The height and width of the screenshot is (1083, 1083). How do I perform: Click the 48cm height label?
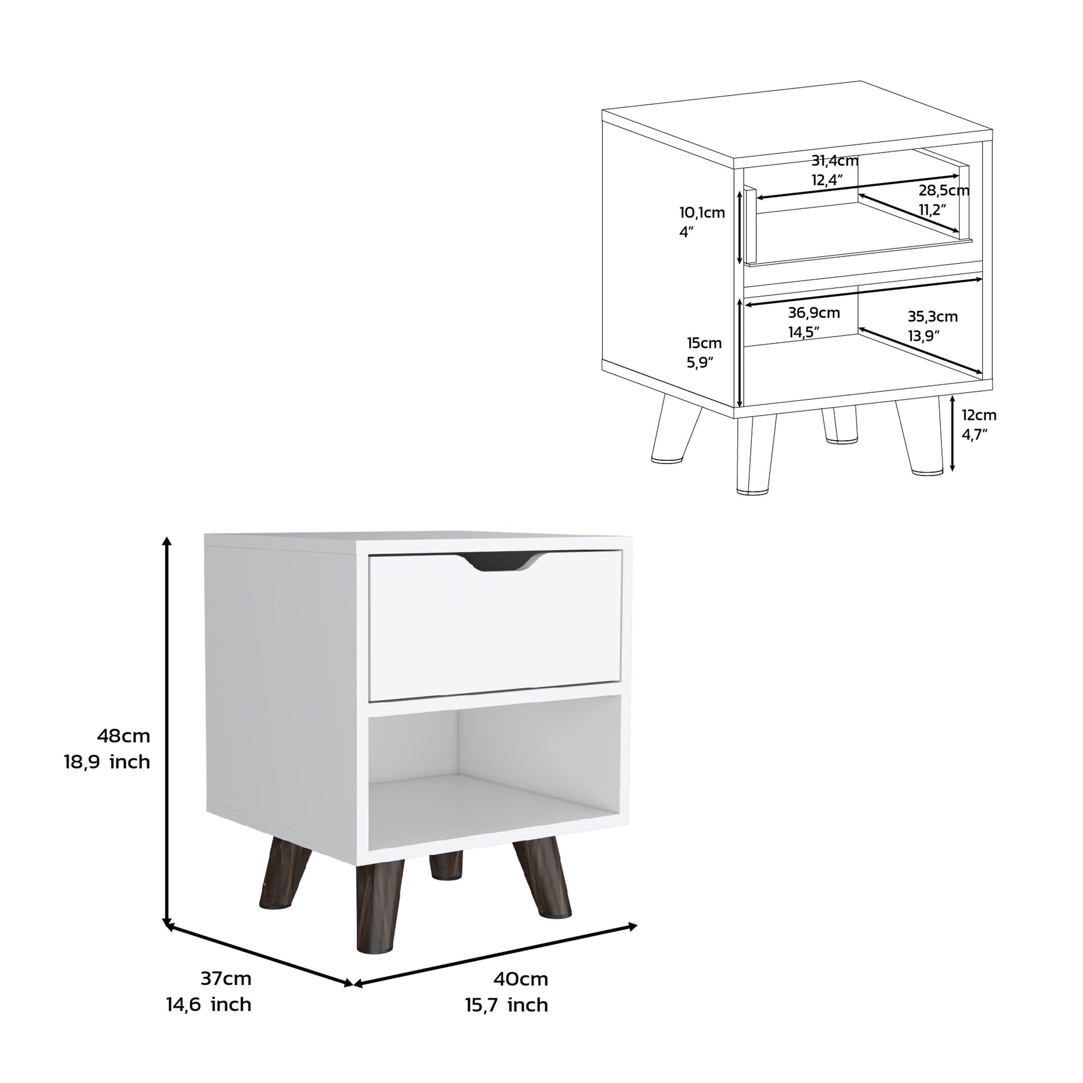pyautogui.click(x=124, y=736)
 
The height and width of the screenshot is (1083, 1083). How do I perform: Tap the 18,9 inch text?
pyautogui.click(x=107, y=762)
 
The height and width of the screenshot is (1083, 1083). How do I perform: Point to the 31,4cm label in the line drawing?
pyautogui.click(x=835, y=161)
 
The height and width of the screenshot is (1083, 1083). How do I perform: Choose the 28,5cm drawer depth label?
pyautogui.click(x=943, y=190)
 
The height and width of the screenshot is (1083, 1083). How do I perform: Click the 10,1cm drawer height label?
pyautogui.click(x=702, y=213)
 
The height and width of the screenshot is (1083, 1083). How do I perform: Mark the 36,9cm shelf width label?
pyautogui.click(x=814, y=313)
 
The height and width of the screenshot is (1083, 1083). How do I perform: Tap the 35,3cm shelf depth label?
pyautogui.click(x=933, y=317)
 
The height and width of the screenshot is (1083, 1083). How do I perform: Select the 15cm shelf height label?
pyautogui.click(x=704, y=343)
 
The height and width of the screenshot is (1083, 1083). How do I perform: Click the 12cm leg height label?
pyautogui.click(x=979, y=415)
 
